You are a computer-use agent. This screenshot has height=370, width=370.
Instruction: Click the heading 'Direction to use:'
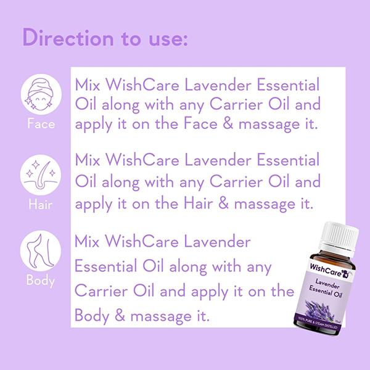pos(105,38)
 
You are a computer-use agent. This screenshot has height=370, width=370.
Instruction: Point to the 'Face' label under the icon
pos(41,125)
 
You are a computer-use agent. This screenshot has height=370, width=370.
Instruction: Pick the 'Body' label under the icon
pos(41,281)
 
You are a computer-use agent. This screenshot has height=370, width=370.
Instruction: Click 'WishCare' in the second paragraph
pos(150,162)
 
